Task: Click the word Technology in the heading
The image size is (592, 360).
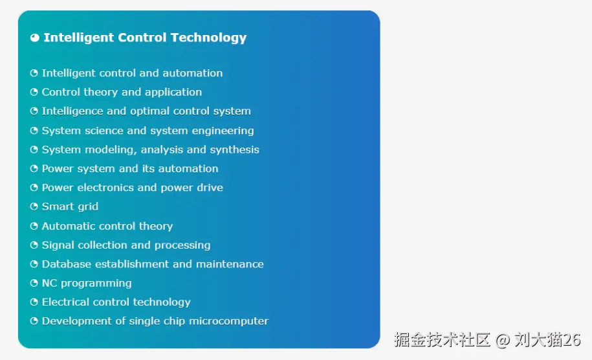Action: click(x=208, y=38)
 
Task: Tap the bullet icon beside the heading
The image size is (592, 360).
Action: click(x=35, y=38)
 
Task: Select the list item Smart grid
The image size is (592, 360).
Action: click(x=70, y=207)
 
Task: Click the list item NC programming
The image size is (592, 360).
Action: click(x=87, y=284)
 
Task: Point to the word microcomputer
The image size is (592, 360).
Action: click(x=229, y=321)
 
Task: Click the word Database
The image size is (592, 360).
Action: click(x=67, y=264)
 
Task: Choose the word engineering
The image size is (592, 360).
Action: click(x=223, y=131)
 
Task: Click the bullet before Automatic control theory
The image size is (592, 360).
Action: click(x=34, y=226)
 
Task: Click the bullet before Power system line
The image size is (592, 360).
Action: click(x=34, y=168)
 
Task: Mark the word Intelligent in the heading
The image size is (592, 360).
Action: click(x=78, y=38)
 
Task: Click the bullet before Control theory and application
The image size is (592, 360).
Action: click(x=34, y=92)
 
